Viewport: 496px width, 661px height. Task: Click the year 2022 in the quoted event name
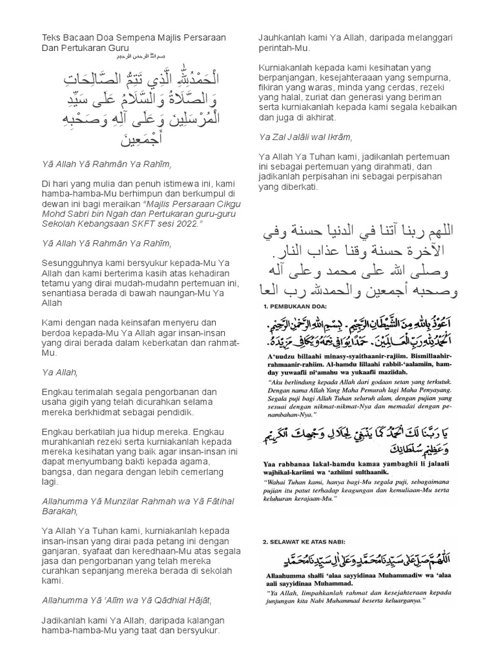pyautogui.click(x=187, y=222)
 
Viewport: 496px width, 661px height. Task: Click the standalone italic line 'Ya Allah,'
pyautogui.click(x=59, y=372)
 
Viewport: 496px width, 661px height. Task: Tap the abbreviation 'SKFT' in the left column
pyautogui.click(x=134, y=222)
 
